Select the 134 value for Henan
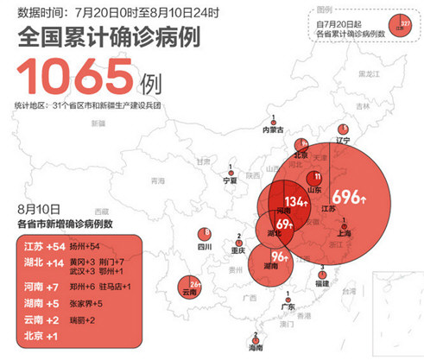coord(295,201)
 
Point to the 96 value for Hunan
coord(279,257)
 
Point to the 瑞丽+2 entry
coord(83,320)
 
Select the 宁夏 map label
coord(230,180)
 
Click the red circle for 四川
coord(205,234)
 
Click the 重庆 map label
coord(239,249)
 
